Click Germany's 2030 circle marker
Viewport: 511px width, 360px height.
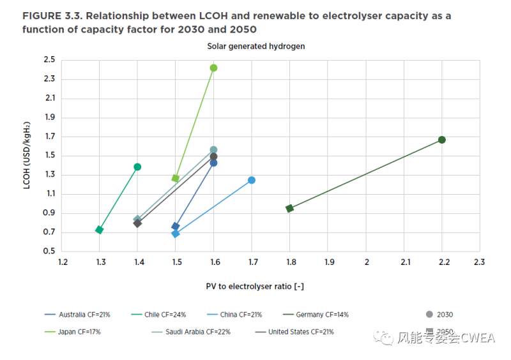441,140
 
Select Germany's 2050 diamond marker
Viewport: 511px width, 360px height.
290,208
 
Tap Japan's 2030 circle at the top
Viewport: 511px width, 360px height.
213,68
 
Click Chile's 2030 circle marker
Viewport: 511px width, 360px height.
137,167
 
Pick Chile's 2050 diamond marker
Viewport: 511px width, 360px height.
100,230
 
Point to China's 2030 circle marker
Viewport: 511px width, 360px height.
252,180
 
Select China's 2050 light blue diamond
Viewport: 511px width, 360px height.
176,234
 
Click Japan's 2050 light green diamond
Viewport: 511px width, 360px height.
176,178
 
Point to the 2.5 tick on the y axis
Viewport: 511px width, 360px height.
49,60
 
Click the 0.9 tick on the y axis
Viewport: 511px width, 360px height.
49,213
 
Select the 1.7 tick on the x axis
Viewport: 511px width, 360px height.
253,262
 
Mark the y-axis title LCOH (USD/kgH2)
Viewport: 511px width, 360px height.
27,156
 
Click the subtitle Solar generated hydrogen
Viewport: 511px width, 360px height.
256,46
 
